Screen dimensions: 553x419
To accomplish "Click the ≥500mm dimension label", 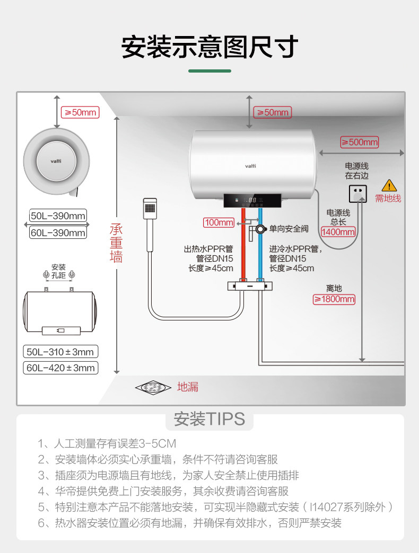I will click(x=359, y=142).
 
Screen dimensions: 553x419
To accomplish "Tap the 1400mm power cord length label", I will click(x=338, y=232).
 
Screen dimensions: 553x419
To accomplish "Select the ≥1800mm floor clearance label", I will click(x=334, y=299).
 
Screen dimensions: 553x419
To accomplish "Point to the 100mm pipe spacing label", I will click(x=219, y=222).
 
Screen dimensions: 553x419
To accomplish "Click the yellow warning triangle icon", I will click(x=389, y=185).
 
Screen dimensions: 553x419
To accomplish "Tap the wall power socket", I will click(x=359, y=194).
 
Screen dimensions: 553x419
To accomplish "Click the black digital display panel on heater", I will click(x=252, y=200).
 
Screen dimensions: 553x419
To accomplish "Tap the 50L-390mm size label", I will click(x=58, y=216).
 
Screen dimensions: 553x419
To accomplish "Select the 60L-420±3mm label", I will click(x=61, y=368).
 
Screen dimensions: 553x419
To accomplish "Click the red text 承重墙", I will click(x=116, y=243).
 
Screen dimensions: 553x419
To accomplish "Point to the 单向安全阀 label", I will click(x=289, y=229).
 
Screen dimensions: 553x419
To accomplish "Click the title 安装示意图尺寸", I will click(x=210, y=48).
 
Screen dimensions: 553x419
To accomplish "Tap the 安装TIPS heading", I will click(x=210, y=419).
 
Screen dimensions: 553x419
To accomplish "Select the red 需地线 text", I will click(x=388, y=199).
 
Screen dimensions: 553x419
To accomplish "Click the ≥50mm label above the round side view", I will click(x=81, y=112).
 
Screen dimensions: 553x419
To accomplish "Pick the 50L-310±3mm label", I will click(x=61, y=352).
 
